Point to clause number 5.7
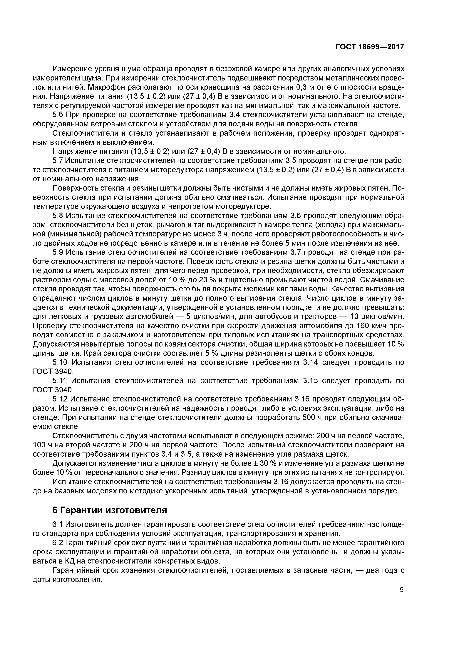(58, 161)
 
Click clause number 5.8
(58, 216)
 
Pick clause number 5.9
(58, 252)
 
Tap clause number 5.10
(60, 362)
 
